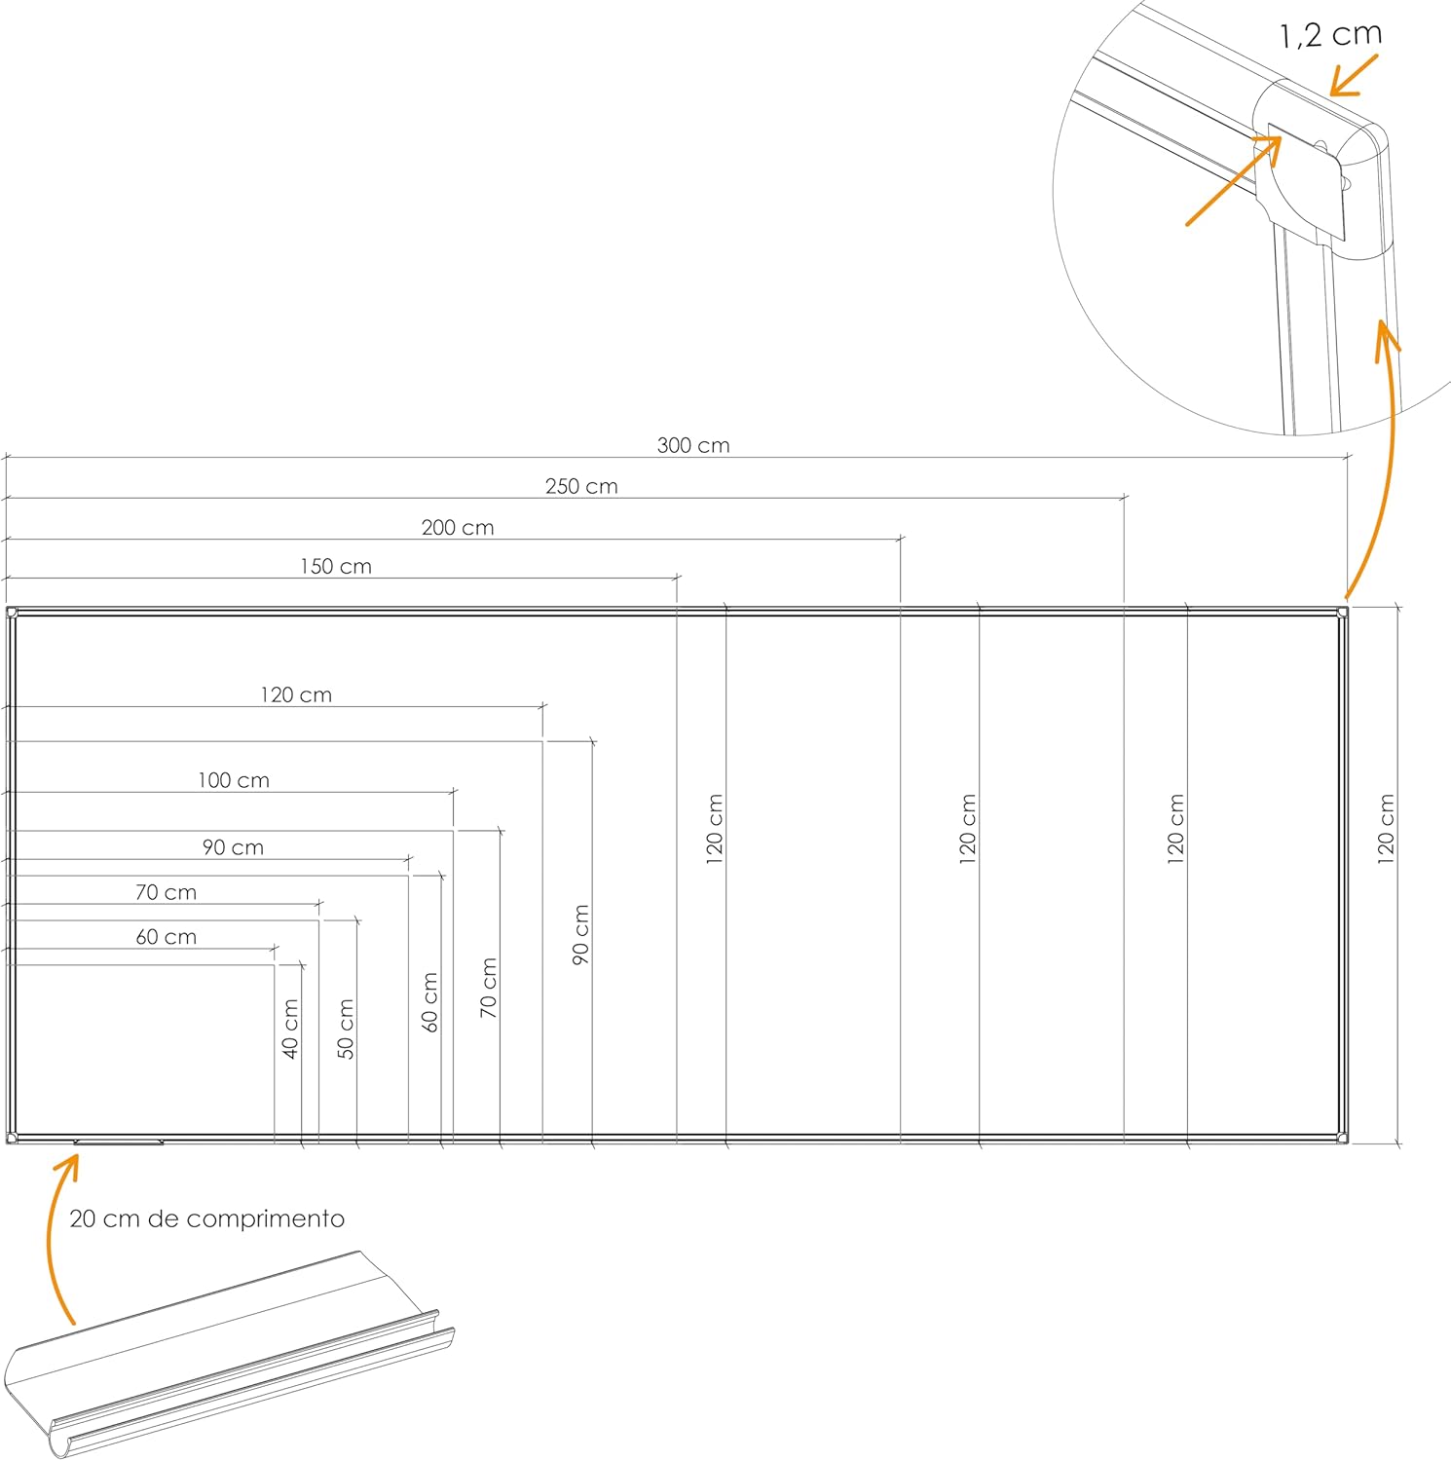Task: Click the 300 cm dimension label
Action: pyautogui.click(x=692, y=445)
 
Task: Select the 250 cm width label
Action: pyautogui.click(x=581, y=486)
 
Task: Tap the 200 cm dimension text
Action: pyautogui.click(x=458, y=527)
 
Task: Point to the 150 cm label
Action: pyautogui.click(x=336, y=566)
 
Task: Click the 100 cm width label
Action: pyautogui.click(x=234, y=780)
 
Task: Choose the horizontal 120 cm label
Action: pyautogui.click(x=296, y=694)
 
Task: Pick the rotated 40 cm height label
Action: pyautogui.click(x=290, y=1029)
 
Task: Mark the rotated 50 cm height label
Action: pyautogui.click(x=346, y=1029)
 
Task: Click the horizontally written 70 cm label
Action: pyautogui.click(x=166, y=892)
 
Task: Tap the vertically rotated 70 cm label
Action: pyautogui.click(x=489, y=988)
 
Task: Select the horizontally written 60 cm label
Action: pyautogui.click(x=166, y=937)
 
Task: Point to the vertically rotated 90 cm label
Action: pyautogui.click(x=581, y=934)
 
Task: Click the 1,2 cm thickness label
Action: pyautogui.click(x=1330, y=34)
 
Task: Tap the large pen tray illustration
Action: pyautogui.click(x=229, y=1354)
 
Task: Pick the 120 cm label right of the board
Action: pyautogui.click(x=1387, y=829)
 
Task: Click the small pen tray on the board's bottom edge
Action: pyautogui.click(x=119, y=1141)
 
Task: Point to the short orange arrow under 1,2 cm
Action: pyautogui.click(x=1354, y=75)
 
